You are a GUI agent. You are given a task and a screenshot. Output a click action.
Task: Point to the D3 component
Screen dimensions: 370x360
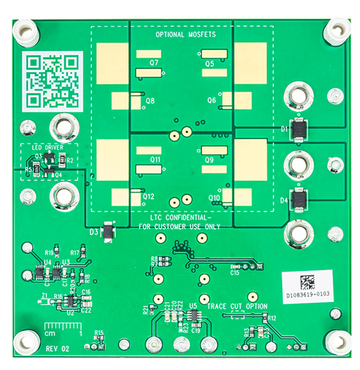click(x=108, y=232)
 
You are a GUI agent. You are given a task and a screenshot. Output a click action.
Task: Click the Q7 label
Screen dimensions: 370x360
click(x=154, y=64)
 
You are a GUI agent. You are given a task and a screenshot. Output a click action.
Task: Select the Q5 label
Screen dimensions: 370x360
click(x=210, y=64)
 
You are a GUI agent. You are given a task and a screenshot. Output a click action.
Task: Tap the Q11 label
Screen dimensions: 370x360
click(x=155, y=159)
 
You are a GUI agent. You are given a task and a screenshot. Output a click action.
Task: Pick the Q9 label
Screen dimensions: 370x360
click(x=209, y=159)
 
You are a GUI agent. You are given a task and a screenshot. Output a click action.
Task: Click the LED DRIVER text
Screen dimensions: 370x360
click(x=49, y=147)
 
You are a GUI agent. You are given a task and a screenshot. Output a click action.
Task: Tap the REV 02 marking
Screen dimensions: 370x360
click(x=56, y=347)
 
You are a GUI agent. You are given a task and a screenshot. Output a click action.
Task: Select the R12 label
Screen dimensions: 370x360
click(x=272, y=317)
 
